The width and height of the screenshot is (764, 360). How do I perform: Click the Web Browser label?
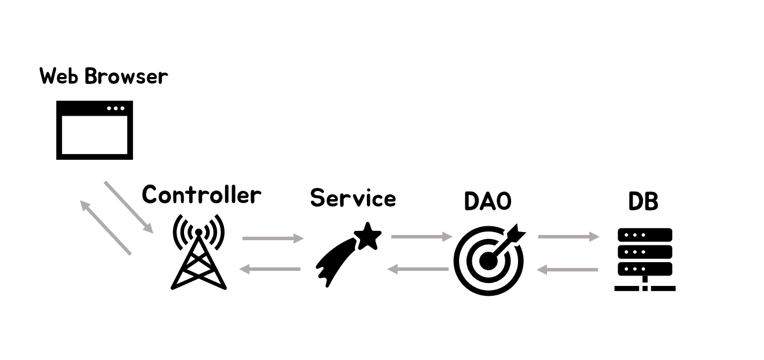104,76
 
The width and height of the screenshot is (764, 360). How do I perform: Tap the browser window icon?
94,130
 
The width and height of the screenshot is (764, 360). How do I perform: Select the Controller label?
201,194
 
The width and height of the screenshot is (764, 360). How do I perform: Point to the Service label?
353,198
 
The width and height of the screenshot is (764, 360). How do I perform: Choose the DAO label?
488,201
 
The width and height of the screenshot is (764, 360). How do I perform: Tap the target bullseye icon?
489,260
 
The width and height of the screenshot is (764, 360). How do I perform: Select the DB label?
644,201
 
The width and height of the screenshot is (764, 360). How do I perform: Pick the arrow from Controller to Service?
273,238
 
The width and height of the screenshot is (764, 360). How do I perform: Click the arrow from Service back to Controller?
270,269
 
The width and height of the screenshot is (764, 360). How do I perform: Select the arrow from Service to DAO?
421,236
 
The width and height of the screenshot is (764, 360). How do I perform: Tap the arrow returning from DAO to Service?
418,269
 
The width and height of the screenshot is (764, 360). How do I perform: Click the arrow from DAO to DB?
568,236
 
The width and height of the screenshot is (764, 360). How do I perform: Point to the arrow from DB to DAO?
567,269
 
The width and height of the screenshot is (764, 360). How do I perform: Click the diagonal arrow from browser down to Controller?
128,207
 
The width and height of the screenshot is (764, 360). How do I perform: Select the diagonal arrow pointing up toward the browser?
105,227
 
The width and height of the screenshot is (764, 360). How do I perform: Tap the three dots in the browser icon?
115,108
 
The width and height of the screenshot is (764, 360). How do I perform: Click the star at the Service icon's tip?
368,236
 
